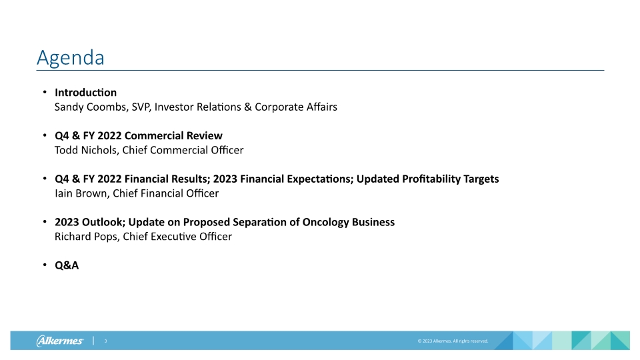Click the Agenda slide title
[x=71, y=58]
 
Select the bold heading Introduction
[x=85, y=92]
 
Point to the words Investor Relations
[x=201, y=107]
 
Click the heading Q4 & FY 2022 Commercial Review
[x=139, y=135]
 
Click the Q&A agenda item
[x=67, y=265]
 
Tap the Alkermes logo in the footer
[x=60, y=341]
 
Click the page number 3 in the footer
[x=105, y=341]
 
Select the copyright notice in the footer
[x=453, y=341]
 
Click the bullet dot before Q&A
[x=44, y=265]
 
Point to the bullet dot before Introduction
[x=44, y=92]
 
